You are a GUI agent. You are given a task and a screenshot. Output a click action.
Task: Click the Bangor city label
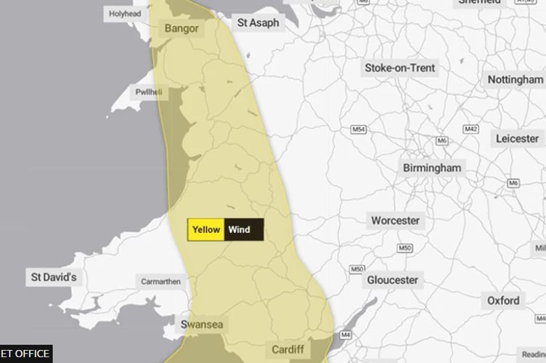(x=182, y=28)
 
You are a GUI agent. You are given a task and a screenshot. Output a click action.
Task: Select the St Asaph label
(x=258, y=23)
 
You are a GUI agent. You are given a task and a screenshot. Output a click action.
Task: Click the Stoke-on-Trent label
(x=399, y=68)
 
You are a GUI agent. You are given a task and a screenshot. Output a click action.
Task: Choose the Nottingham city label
(x=515, y=79)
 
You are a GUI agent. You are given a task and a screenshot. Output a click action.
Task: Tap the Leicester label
(x=517, y=138)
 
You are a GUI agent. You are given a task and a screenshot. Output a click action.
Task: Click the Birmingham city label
(x=432, y=168)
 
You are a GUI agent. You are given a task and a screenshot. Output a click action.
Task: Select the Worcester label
(x=395, y=220)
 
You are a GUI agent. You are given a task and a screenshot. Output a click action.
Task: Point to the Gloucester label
(x=392, y=280)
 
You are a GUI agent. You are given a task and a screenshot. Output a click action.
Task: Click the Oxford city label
(x=503, y=300)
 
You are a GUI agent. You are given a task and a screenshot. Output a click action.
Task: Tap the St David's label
(x=56, y=277)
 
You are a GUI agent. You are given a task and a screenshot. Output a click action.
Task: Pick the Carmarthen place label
(x=160, y=281)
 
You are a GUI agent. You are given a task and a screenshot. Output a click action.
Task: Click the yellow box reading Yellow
(x=206, y=230)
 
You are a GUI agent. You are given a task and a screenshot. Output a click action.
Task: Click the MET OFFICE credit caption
(x=25, y=354)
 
